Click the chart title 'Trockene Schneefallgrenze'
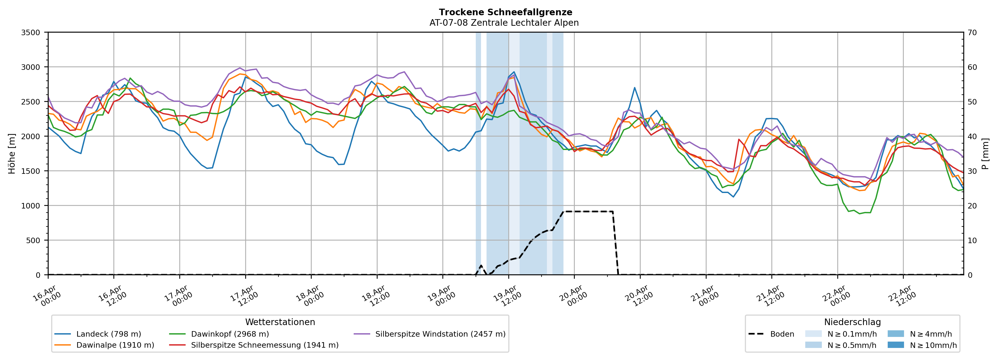(x=505, y=12)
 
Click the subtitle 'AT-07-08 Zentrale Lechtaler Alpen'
(x=504, y=23)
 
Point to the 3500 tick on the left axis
(x=31, y=33)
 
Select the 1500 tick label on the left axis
(x=31, y=171)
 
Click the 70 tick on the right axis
(x=972, y=33)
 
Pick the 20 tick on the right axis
(x=972, y=206)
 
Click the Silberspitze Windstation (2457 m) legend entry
(x=440, y=334)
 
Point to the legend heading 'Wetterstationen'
(x=280, y=322)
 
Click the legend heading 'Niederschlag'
(x=852, y=322)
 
